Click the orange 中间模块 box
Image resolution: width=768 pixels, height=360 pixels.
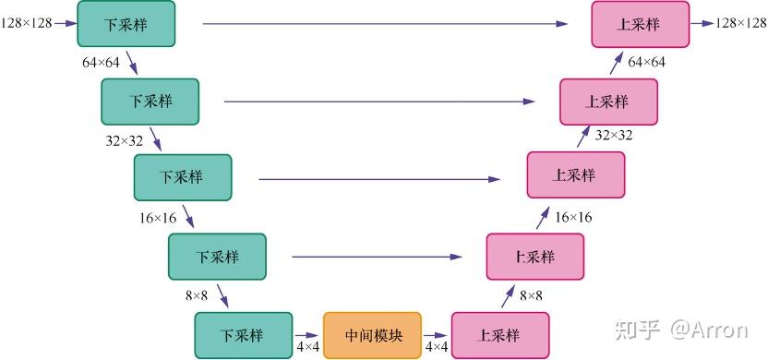[x=372, y=335]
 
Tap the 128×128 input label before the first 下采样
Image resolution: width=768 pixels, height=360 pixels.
[x=27, y=23]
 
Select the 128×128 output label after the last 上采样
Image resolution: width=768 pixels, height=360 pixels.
[x=741, y=23]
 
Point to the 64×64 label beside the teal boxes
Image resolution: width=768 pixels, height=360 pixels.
[x=101, y=63]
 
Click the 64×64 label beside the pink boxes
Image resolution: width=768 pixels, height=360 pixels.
[x=646, y=62]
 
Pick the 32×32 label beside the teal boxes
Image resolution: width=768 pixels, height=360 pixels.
[x=125, y=141]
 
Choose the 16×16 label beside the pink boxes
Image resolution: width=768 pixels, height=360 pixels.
[x=573, y=217]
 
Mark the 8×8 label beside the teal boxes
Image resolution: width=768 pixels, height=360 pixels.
[x=197, y=295]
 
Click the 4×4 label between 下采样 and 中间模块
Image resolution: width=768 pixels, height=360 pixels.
[x=308, y=347]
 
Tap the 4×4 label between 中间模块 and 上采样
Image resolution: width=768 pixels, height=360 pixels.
[x=436, y=347]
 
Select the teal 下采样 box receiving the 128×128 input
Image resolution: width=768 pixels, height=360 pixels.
[x=126, y=23]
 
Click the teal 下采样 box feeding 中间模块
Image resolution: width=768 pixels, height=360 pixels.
[x=244, y=335]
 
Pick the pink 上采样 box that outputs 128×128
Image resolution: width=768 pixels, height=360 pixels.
[x=641, y=24]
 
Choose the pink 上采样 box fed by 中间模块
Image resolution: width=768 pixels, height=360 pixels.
[x=500, y=335]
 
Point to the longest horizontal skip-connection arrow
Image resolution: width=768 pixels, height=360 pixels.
[x=386, y=23]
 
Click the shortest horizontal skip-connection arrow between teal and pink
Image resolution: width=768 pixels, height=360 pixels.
[x=378, y=257]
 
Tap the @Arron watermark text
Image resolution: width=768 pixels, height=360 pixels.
[x=709, y=330]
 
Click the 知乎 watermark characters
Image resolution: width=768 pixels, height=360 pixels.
[x=638, y=330]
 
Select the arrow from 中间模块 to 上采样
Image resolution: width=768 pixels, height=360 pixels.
[x=436, y=335]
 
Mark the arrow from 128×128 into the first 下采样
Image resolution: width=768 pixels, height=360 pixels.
[x=66, y=23]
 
